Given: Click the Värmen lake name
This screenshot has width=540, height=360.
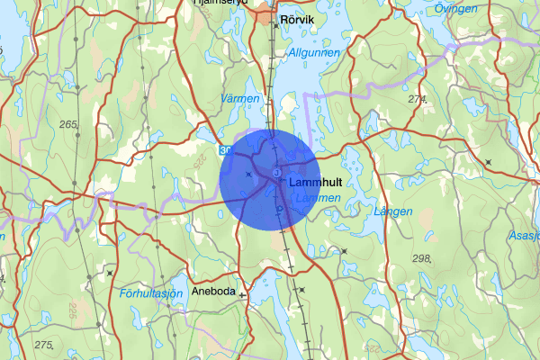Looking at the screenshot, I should (x=238, y=97).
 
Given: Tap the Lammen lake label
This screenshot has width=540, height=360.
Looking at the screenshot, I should (x=318, y=197).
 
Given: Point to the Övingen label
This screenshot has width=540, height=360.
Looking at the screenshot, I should (x=455, y=8).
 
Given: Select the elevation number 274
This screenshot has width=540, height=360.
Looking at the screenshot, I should (x=417, y=99).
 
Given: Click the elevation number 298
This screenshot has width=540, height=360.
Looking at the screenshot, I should (x=420, y=259).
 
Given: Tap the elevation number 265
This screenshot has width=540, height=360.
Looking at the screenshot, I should (x=68, y=124).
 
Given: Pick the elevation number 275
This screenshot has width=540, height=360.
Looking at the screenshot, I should (x=43, y=345).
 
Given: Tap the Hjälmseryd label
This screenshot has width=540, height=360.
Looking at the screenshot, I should (x=220, y=4).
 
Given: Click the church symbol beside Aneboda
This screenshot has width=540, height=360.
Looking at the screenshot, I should (x=242, y=293).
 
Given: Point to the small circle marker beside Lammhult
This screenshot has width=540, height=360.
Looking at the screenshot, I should (x=276, y=172).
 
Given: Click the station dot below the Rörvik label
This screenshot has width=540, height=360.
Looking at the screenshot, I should (x=277, y=25).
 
